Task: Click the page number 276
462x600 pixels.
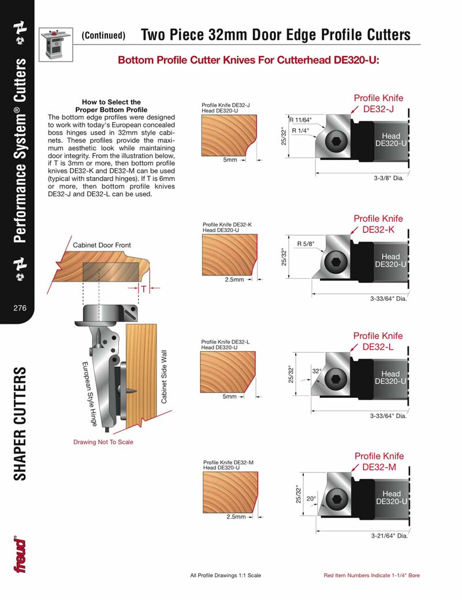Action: pos(20,308)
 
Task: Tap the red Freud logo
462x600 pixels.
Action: pos(20,555)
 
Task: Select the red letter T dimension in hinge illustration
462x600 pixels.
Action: pos(143,288)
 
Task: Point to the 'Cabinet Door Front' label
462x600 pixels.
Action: pos(102,245)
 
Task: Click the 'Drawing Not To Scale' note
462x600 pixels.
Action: pos(103,442)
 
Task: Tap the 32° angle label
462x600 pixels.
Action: pos(316,371)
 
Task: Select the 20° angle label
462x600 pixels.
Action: pos(310,498)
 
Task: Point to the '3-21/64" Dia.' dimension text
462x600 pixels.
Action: pos(389,536)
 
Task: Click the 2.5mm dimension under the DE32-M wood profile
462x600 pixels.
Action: pos(236,517)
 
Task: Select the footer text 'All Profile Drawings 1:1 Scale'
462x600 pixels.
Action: pos(226,576)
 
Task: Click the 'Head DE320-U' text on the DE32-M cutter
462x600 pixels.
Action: pos(391,498)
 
